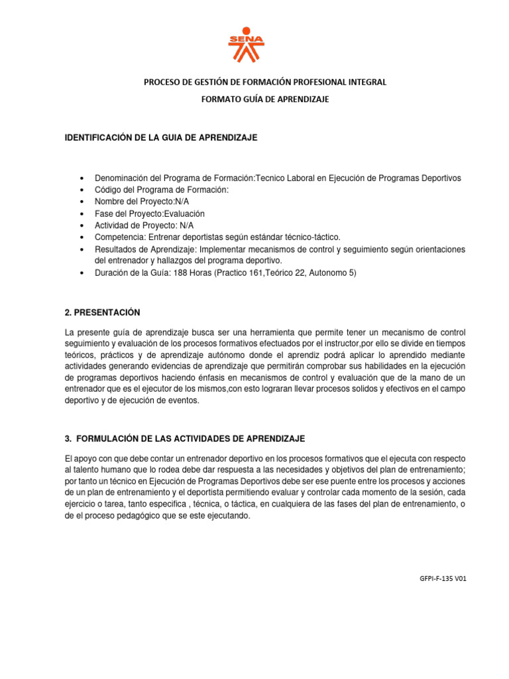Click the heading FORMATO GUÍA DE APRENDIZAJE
[265, 99]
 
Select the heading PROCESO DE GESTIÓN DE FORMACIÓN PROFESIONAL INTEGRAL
[265, 82]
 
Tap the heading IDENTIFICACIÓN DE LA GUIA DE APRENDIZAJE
[160, 137]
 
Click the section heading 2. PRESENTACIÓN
[102, 312]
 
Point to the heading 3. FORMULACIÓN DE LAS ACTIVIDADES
[184, 439]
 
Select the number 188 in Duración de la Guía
[181, 272]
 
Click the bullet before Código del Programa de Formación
[80, 190]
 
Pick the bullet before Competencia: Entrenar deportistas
[80, 237]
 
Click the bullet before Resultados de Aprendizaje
[80, 249]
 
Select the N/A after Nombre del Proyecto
[183, 202]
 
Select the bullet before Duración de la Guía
[80, 273]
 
